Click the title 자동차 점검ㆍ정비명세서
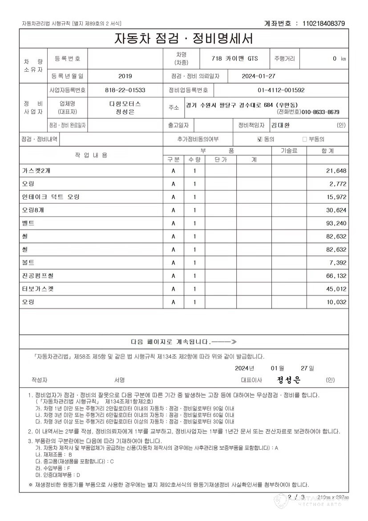point(184,38)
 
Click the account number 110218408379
point(324,23)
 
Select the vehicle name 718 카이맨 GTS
point(235,58)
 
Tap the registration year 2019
point(125,76)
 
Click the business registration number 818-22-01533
point(125,90)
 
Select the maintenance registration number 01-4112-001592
point(281,90)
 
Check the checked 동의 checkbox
point(260,139)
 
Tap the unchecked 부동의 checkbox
point(305,139)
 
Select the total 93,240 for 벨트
point(336,223)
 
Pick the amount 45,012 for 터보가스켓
point(336,289)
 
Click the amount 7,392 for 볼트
point(338,263)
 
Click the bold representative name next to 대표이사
point(289,380)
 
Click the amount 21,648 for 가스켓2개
point(336,171)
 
